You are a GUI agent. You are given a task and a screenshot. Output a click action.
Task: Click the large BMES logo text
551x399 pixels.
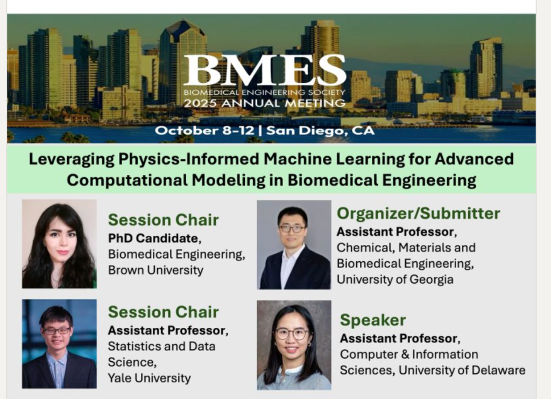pyautogui.click(x=265, y=71)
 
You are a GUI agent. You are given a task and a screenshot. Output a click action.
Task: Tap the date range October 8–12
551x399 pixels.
pyautogui.click(x=204, y=130)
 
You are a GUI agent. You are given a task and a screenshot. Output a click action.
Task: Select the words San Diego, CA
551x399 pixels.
pyautogui.click(x=320, y=131)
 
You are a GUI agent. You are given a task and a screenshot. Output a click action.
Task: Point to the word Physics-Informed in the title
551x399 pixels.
pyautogui.click(x=189, y=159)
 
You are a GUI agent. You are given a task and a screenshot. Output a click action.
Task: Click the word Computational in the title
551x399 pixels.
pyautogui.click(x=127, y=180)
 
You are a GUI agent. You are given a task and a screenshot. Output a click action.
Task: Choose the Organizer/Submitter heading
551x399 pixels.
pyautogui.click(x=418, y=213)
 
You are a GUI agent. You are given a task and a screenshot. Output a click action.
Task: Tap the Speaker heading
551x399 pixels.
pyautogui.click(x=373, y=320)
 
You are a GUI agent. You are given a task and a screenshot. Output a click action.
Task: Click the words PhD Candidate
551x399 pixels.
pyautogui.click(x=153, y=239)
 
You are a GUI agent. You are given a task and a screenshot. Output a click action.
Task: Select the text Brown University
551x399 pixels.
pyautogui.click(x=156, y=270)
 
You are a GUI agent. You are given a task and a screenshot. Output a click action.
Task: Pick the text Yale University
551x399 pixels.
pyautogui.click(x=150, y=378)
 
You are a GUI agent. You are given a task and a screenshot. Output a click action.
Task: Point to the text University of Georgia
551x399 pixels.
pyautogui.click(x=395, y=279)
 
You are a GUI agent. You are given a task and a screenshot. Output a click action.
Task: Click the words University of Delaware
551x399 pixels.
pyautogui.click(x=462, y=370)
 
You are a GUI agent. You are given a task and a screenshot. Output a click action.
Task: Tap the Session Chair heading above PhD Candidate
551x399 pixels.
pyautogui.click(x=164, y=220)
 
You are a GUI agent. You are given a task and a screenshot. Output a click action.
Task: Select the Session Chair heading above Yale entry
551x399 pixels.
pyautogui.click(x=164, y=312)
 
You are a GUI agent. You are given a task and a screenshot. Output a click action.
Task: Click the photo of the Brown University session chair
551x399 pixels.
pyautogui.click(x=59, y=244)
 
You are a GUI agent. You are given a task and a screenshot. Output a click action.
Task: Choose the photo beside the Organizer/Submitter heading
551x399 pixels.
pyautogui.click(x=294, y=245)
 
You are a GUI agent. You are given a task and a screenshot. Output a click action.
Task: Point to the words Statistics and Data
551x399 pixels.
pyautogui.click(x=161, y=346)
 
